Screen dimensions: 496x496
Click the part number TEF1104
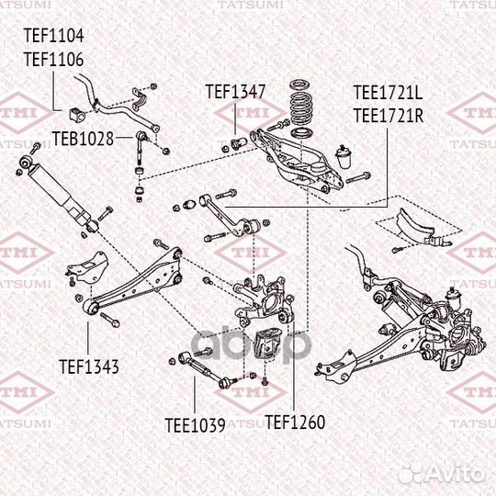pos(53,37)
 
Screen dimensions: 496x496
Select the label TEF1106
pos(53,60)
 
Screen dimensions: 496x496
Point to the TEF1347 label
pos(235,92)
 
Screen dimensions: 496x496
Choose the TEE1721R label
pos(388,115)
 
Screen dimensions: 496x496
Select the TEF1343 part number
pos(89,366)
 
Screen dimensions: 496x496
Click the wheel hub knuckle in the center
pos(259,299)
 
